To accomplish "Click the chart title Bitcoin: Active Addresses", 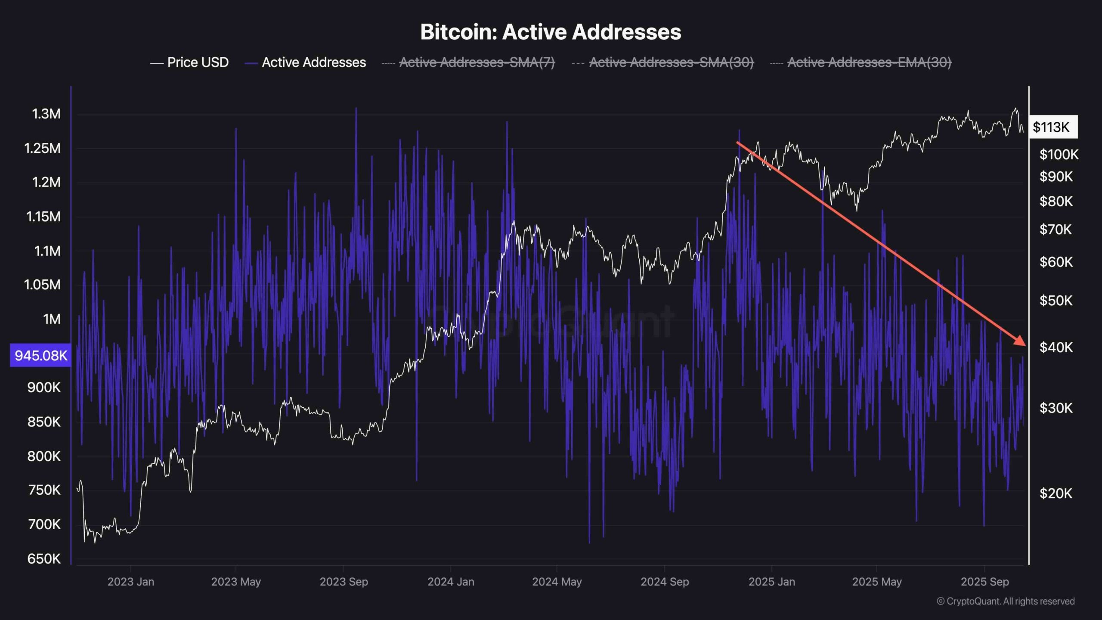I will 551,32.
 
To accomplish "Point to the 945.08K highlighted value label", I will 41,356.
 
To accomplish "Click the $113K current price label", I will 1051,127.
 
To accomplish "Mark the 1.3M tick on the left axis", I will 46,114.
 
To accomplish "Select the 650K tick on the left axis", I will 44,559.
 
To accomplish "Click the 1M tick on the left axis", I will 52,319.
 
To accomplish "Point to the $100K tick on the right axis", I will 1059,154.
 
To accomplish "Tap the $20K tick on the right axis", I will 1056,493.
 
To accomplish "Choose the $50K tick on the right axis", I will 1056,301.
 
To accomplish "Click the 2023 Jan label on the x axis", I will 130,582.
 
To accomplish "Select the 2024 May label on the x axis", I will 557,582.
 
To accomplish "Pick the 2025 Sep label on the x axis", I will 984,582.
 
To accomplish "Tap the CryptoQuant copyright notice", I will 1006,601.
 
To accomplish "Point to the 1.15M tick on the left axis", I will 43,217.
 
